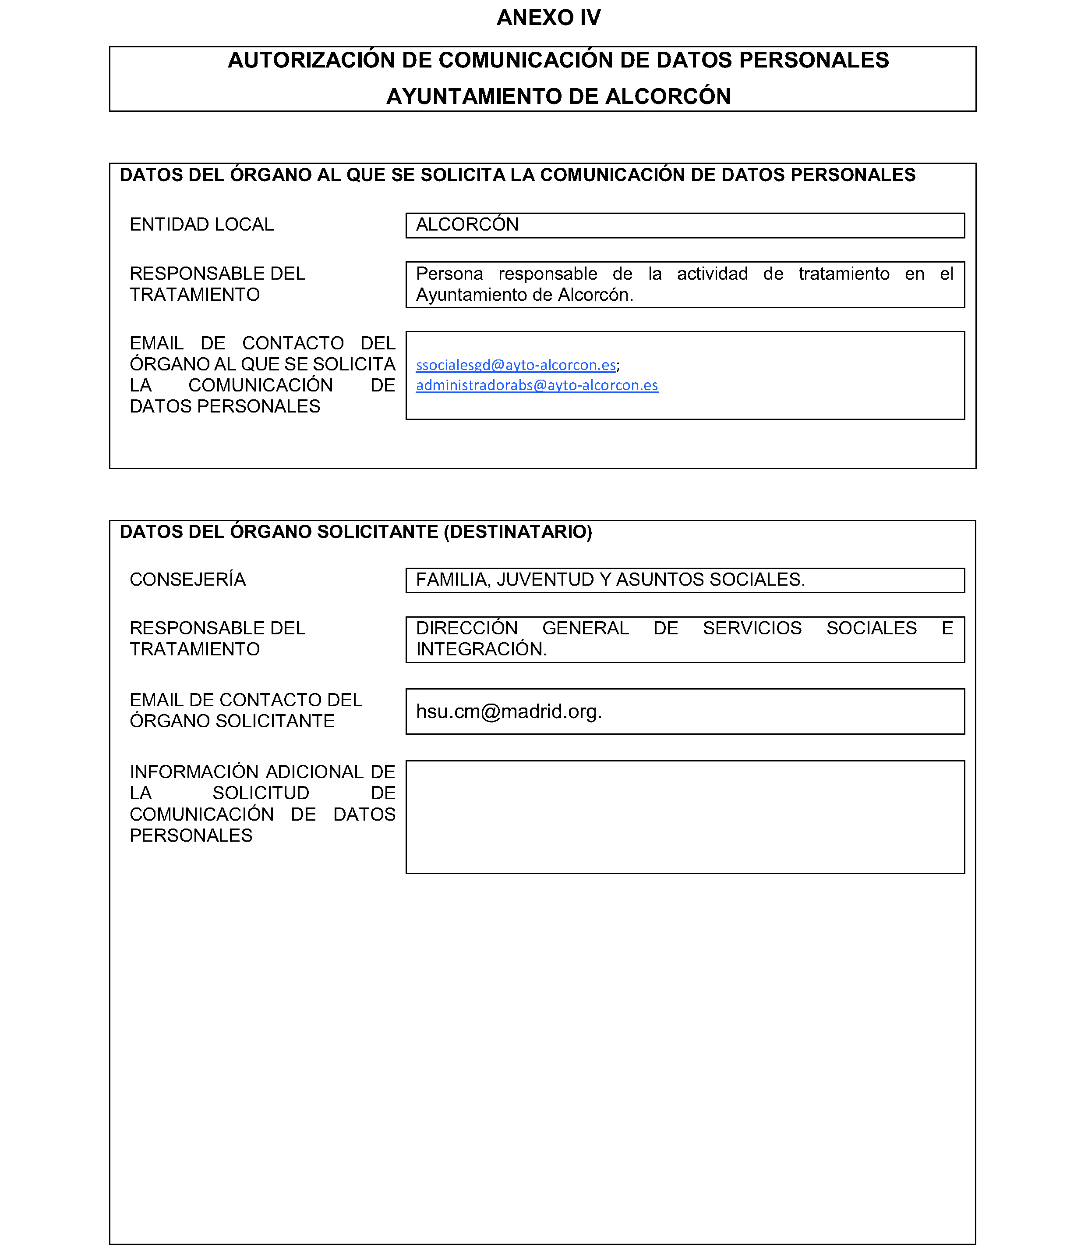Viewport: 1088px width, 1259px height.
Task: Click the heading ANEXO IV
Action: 548,18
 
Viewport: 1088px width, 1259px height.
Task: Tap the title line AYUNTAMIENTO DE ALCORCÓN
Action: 558,96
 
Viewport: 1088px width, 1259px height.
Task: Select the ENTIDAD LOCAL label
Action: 201,225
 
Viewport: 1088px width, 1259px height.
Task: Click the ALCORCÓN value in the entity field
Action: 467,225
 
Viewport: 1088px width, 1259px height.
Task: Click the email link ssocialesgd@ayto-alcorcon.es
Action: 516,365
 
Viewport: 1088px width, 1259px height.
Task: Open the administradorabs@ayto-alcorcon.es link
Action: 537,385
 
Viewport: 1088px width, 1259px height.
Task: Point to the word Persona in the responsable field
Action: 449,274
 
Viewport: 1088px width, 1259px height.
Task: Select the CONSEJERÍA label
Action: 187,580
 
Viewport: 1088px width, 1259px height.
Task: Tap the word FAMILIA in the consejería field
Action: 452,580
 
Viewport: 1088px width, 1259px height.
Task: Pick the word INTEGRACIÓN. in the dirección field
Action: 481,650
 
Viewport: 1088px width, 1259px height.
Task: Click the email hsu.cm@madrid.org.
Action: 508,711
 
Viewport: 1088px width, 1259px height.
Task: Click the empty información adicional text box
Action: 685,817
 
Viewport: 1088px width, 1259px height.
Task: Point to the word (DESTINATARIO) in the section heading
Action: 518,532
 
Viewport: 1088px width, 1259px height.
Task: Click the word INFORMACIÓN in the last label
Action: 195,772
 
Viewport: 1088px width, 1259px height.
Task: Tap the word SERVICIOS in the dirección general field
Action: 752,628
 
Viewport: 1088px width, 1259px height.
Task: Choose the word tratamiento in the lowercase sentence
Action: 844,274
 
